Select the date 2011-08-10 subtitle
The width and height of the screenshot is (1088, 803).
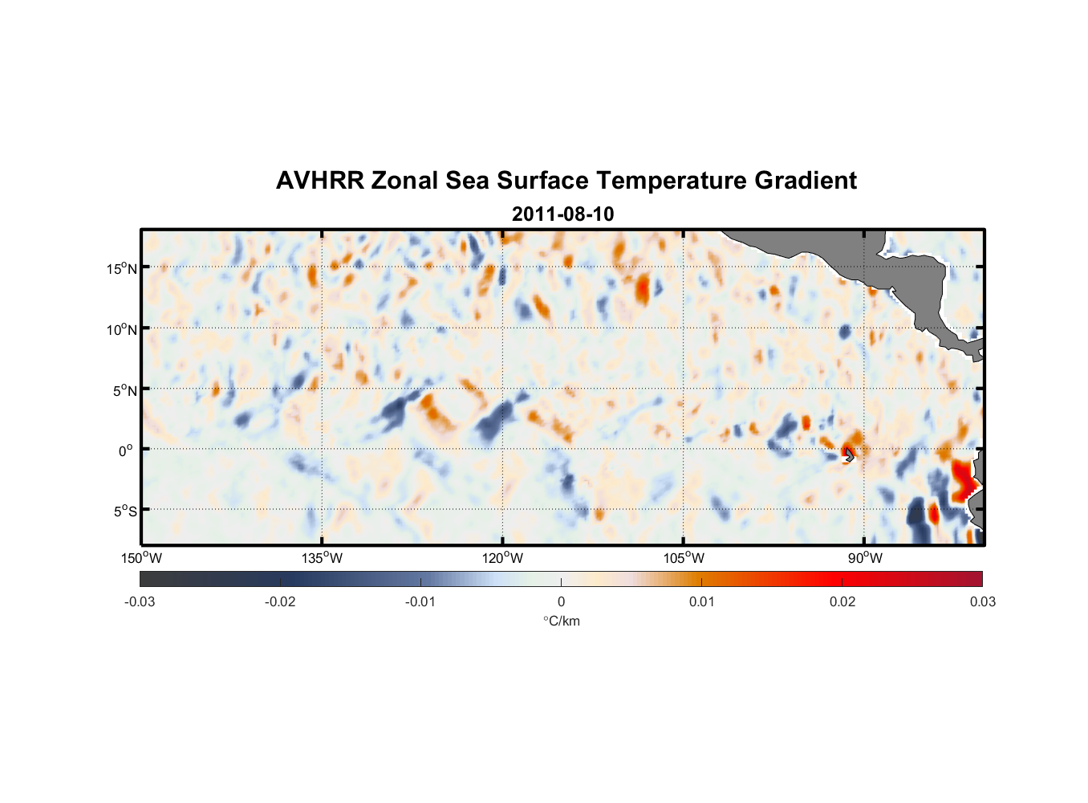click(562, 214)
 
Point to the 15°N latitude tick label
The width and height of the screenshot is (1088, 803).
click(122, 268)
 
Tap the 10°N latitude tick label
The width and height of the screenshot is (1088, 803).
click(122, 329)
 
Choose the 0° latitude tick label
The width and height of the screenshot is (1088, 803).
click(126, 450)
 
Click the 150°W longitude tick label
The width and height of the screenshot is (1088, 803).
click(142, 558)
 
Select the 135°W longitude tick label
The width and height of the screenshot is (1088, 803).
click(323, 558)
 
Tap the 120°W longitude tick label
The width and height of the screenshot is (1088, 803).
click(503, 558)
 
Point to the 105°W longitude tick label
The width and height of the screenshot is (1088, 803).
click(684, 558)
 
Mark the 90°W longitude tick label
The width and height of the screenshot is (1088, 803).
click(865, 558)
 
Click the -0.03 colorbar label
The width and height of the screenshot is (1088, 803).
click(140, 601)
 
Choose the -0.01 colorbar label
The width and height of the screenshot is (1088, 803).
click(420, 601)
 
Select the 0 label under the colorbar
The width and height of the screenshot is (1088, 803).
click(561, 601)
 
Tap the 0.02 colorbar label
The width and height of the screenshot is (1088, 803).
click(842, 601)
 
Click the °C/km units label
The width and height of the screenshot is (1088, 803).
click(561, 621)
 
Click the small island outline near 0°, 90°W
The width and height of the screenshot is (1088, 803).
click(849, 455)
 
